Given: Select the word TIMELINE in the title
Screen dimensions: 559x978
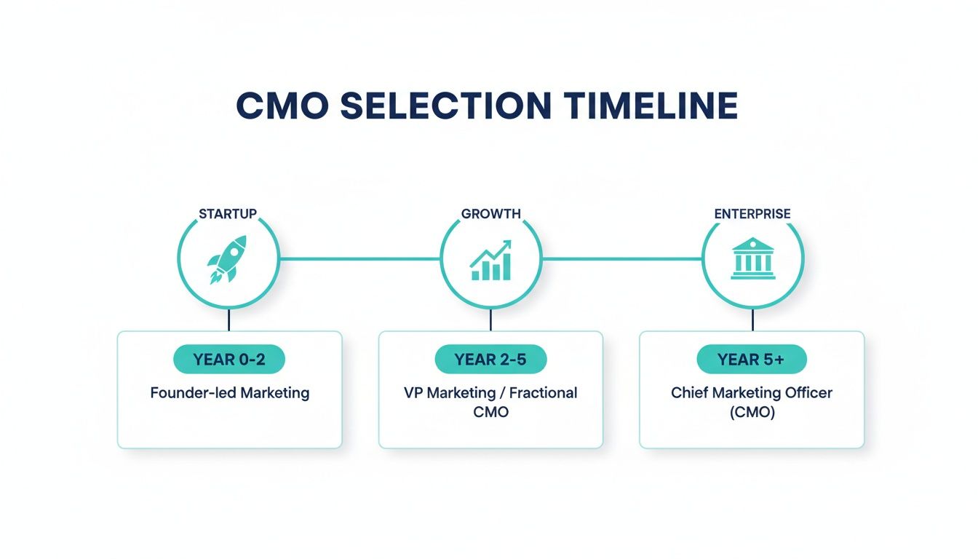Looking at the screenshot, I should pyautogui.click(x=651, y=106).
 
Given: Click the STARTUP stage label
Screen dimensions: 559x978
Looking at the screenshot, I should pyautogui.click(x=228, y=214).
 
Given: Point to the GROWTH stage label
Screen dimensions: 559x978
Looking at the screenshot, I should pyautogui.click(x=491, y=214).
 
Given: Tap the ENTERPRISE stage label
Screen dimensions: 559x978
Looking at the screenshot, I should pyautogui.click(x=752, y=214).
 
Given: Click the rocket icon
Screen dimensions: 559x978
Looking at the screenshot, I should pyautogui.click(x=228, y=259).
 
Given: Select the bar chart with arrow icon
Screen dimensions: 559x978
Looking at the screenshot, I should pyautogui.click(x=491, y=261).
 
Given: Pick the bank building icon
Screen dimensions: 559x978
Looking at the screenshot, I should pyautogui.click(x=752, y=259).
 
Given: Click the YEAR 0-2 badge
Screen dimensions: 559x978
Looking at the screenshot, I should pyautogui.click(x=228, y=360).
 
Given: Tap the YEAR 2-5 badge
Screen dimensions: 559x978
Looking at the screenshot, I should pyautogui.click(x=490, y=360).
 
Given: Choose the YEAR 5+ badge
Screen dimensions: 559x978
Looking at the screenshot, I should pyautogui.click(x=752, y=360).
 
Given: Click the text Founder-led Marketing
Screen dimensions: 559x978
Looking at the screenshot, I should pyautogui.click(x=230, y=393).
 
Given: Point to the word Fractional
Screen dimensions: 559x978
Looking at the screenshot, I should pyautogui.click(x=543, y=393).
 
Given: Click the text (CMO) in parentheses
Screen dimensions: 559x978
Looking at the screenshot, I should pyautogui.click(x=752, y=412).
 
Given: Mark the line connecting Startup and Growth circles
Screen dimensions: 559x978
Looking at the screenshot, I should pyautogui.click(x=359, y=258).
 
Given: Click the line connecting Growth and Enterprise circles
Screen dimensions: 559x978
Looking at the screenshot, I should pyautogui.click(x=621, y=258).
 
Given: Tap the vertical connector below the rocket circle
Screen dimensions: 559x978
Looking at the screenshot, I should pyautogui.click(x=228, y=320).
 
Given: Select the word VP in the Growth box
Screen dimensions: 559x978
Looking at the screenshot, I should pyautogui.click(x=413, y=393).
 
